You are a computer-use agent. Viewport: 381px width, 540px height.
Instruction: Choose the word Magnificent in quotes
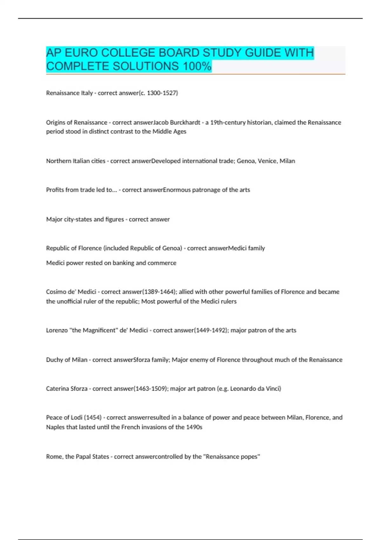point(99,330)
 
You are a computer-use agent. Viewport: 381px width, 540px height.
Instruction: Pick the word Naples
point(55,427)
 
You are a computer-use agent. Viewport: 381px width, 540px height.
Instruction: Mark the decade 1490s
point(194,427)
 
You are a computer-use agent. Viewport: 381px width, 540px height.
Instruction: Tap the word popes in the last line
point(250,457)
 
